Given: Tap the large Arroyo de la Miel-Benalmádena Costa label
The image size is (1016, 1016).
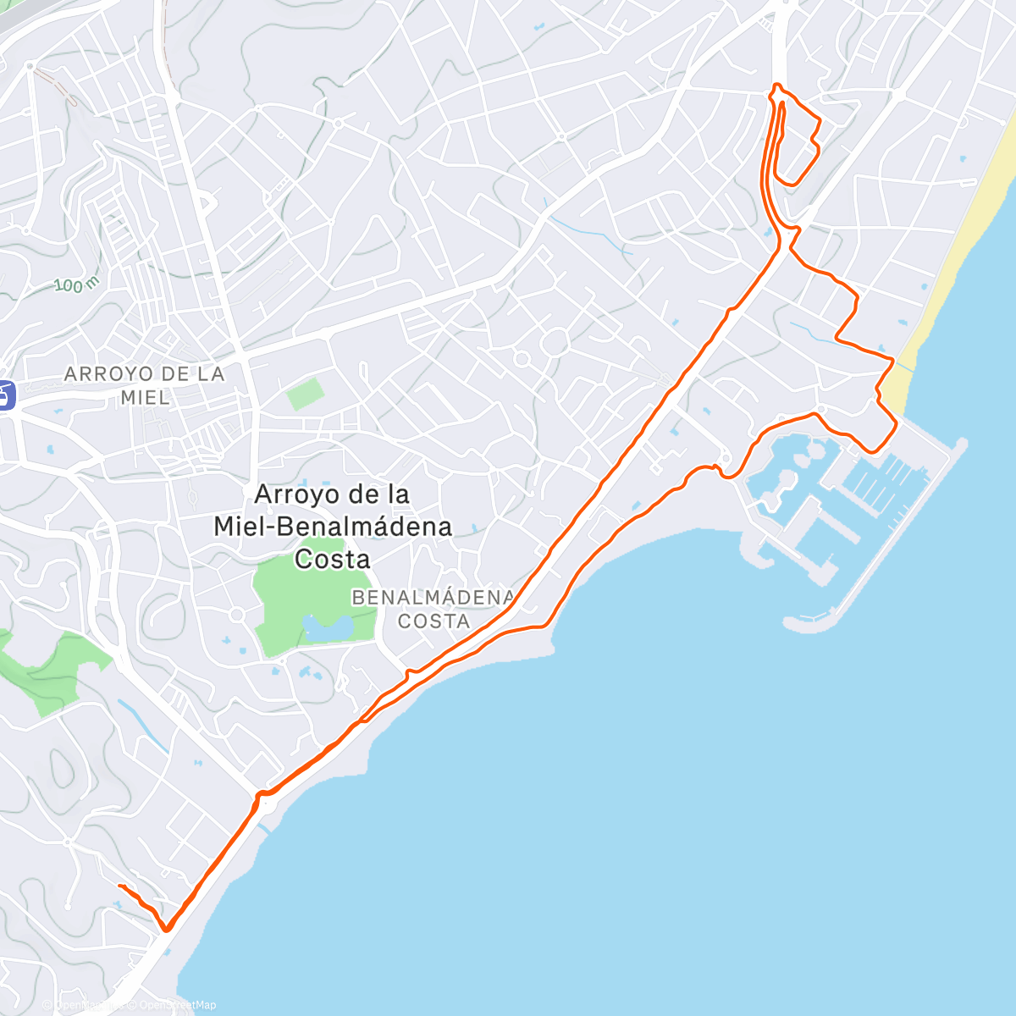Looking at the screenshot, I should pyautogui.click(x=332, y=526).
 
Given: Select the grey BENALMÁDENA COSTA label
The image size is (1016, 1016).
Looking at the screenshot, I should pyautogui.click(x=433, y=609).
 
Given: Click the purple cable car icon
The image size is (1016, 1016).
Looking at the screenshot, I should pyautogui.click(x=6, y=395).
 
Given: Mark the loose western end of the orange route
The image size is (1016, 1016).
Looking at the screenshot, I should pyautogui.click(x=119, y=886).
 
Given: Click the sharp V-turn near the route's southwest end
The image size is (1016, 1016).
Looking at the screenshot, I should pyautogui.click(x=167, y=929).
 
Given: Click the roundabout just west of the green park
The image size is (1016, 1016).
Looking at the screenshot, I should pyautogui.click(x=237, y=614).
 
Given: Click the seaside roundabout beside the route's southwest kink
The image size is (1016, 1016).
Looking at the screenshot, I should pyautogui.click(x=268, y=804).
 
